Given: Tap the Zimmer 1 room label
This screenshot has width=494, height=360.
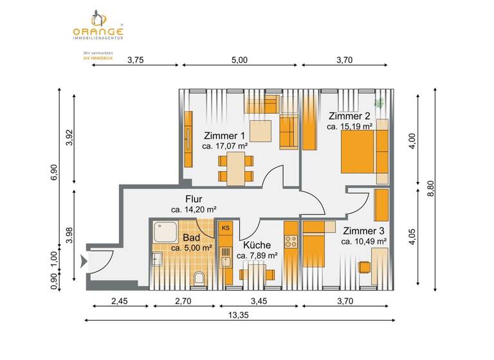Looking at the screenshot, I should click(224, 136).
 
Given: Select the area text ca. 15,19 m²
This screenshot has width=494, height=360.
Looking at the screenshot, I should click(350, 127).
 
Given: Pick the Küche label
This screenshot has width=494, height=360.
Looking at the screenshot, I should click(257, 245).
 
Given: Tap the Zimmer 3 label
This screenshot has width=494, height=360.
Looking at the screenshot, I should click(363, 231).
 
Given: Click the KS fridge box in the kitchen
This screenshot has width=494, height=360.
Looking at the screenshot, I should click(226, 228).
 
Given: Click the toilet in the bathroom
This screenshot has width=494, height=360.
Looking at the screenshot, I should click(199, 278).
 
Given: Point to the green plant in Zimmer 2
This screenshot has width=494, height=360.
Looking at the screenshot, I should click(380, 102).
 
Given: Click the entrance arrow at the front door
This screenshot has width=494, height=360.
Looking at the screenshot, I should click(84, 261).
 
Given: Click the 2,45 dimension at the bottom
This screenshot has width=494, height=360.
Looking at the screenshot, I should click(120, 300).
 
